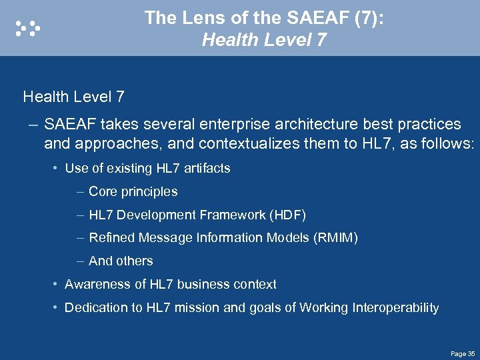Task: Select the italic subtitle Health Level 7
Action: (x=264, y=41)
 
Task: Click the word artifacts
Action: (x=205, y=169)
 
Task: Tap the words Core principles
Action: (x=133, y=192)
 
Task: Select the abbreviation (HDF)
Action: (x=287, y=215)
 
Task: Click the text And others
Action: (x=121, y=261)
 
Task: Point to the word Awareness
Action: (x=95, y=285)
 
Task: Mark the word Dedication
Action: (x=97, y=308)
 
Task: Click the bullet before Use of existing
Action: (x=55, y=169)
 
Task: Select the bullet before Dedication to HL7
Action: (x=55, y=308)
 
